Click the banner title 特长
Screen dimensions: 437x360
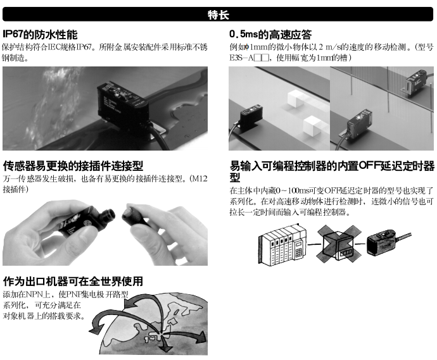pyautogui.click(x=218, y=15)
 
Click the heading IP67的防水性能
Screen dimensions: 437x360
pyautogui.click(x=40, y=35)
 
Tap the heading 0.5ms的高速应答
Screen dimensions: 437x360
pyautogui.click(x=270, y=35)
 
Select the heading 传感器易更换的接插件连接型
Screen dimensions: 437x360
pyautogui.click(x=73, y=166)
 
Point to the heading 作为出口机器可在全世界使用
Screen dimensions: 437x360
pyautogui.click(x=73, y=281)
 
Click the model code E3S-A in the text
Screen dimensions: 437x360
pyautogui.click(x=241, y=58)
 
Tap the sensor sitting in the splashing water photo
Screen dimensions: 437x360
pyautogui.click(x=123, y=106)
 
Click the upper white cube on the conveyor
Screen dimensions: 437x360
pyautogui.click(x=297, y=98)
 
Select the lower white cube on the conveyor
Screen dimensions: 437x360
pyautogui.click(x=313, y=126)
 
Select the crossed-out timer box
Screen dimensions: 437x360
pyautogui.click(x=339, y=244)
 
